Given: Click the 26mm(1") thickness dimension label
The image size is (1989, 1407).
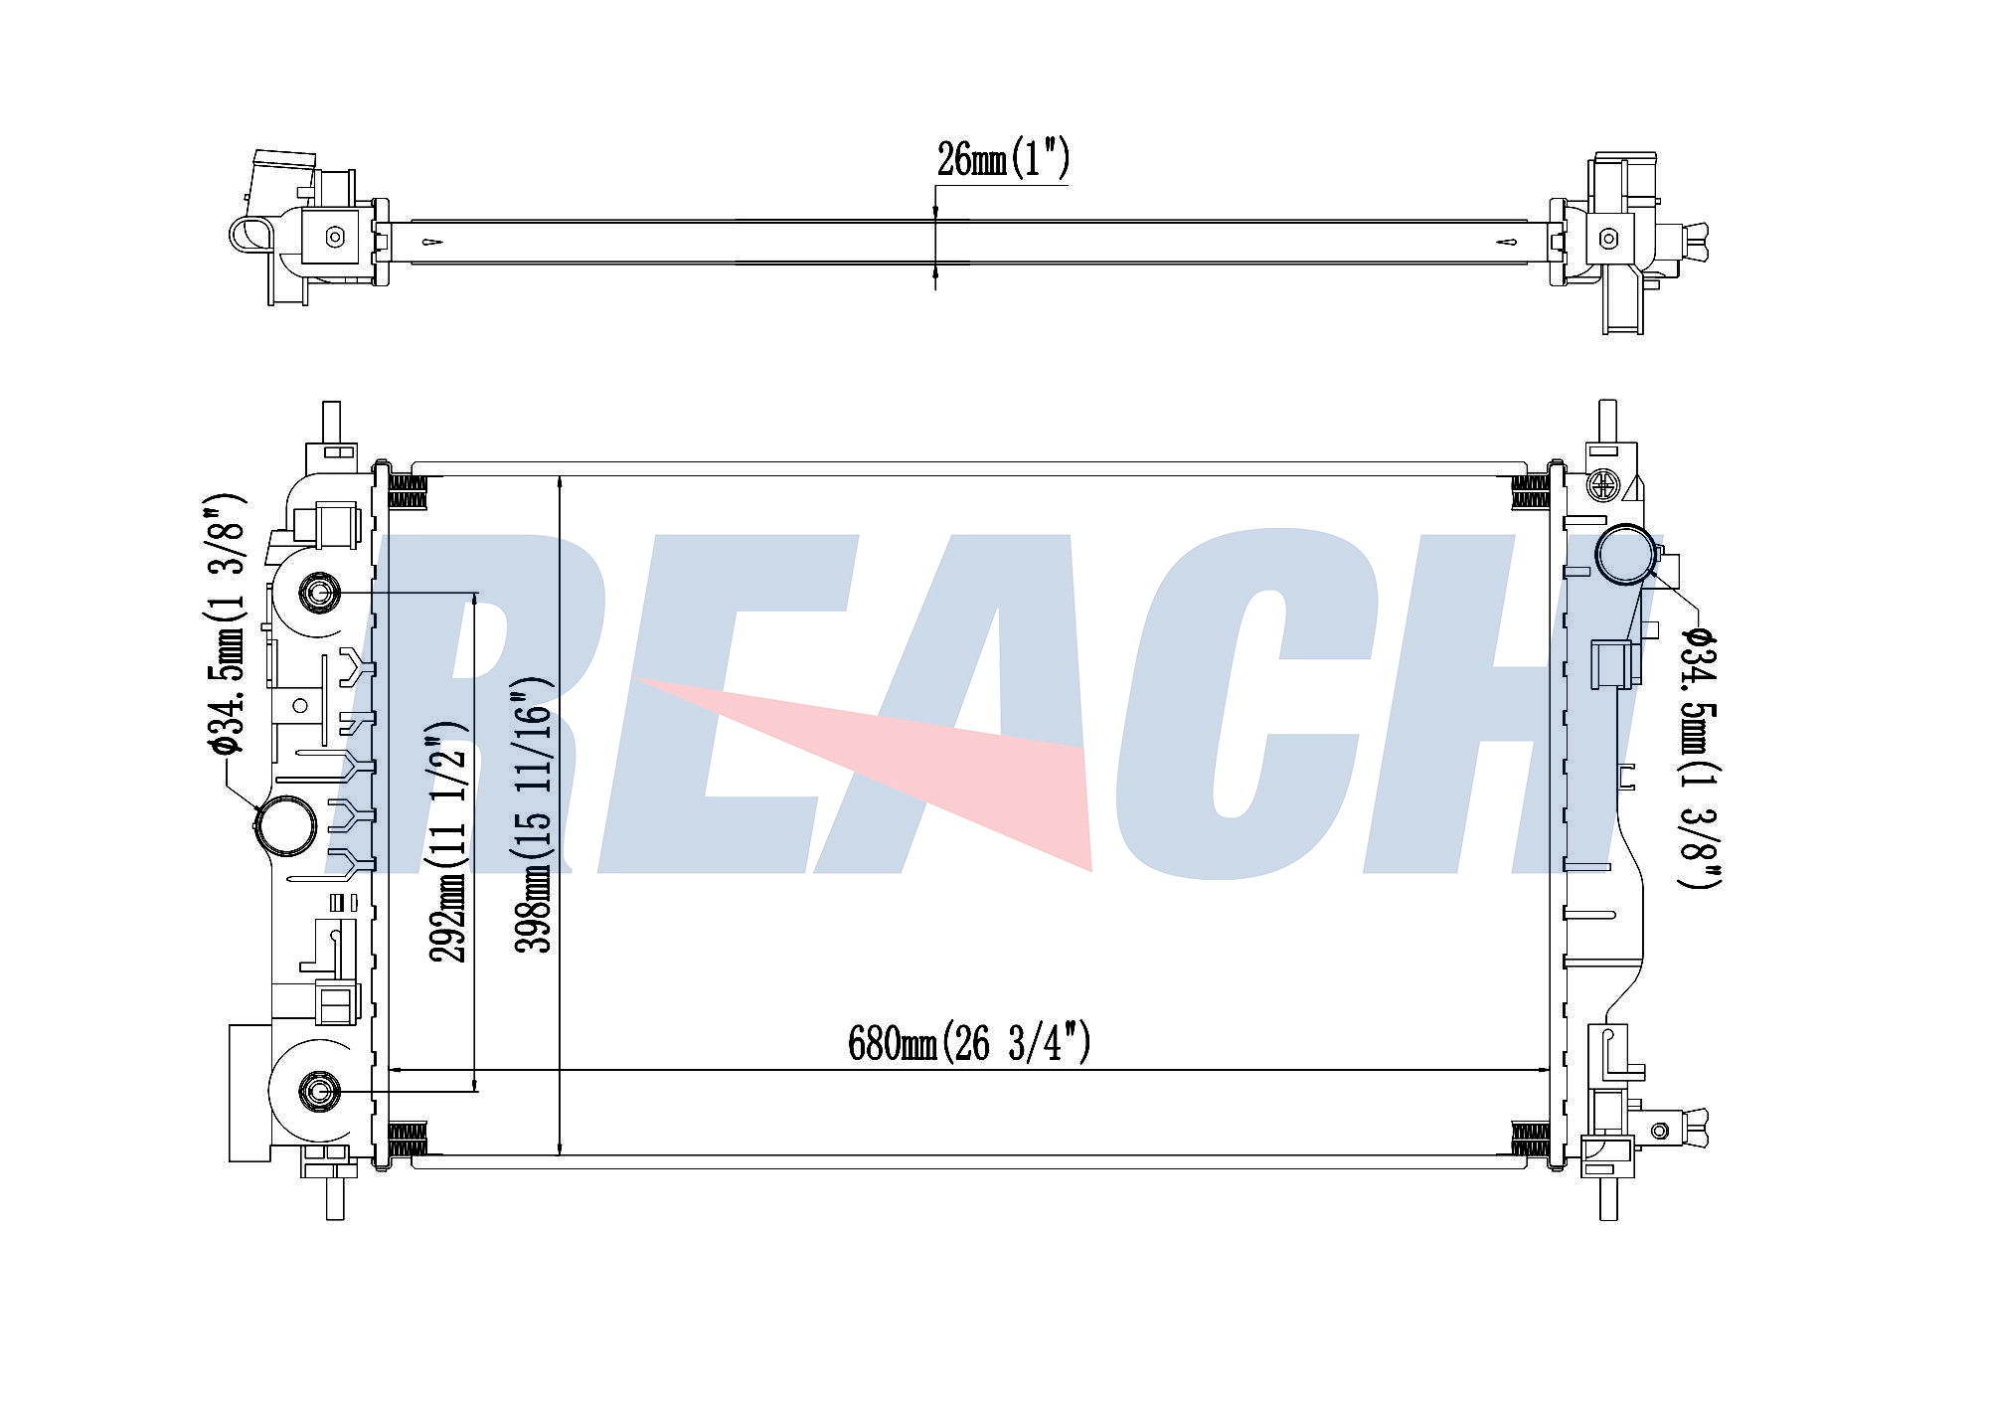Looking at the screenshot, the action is point(1003,159).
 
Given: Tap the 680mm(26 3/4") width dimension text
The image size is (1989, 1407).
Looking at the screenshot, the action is point(969,1043).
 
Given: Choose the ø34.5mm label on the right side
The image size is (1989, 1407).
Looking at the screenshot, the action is point(1701,756).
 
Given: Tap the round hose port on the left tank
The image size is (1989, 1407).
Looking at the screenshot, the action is point(286,824).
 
